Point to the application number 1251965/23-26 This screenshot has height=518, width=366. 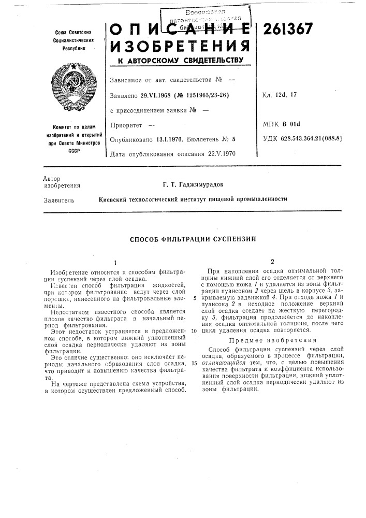(201, 95)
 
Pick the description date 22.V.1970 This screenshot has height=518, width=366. (221, 153)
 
